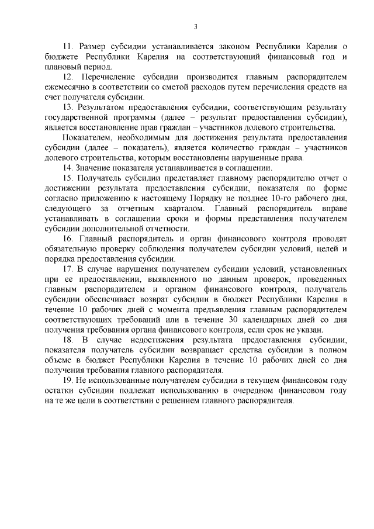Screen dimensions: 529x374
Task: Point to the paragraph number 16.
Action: point(67,240)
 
